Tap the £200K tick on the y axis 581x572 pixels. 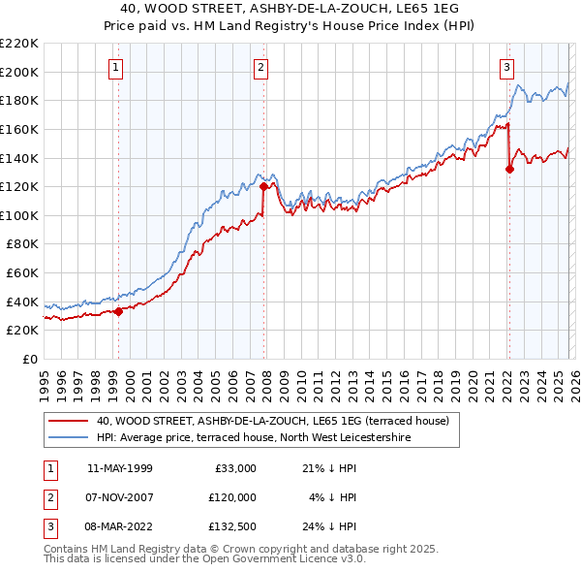pos(19,72)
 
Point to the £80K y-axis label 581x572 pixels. pos(22,244)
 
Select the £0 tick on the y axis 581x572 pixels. pos(29,359)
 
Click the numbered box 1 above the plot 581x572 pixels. pos(116,68)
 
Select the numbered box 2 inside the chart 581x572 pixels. pos(261,68)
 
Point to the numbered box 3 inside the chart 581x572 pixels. pos(507,68)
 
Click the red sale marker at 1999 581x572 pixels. pos(119,311)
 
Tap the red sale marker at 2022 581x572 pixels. pos(509,169)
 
